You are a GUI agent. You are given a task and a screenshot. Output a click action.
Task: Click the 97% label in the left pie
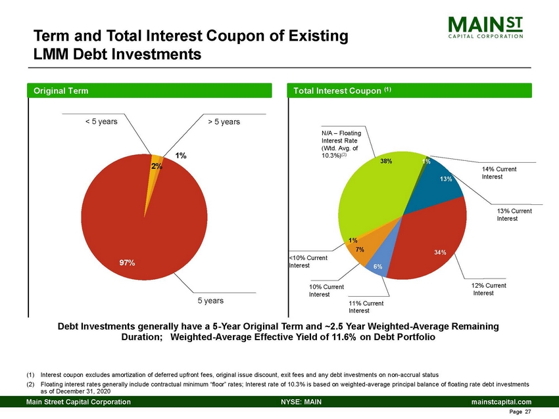pos(128,263)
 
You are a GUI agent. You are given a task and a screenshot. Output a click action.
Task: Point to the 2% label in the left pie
pos(157,166)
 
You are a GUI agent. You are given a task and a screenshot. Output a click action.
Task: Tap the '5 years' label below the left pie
pos(211,300)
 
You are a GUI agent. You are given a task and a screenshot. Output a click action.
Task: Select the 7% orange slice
pos(362,251)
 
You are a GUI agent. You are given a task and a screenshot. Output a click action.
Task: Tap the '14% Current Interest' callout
pos(498,173)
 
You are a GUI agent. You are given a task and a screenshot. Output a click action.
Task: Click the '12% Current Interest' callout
pos(487,290)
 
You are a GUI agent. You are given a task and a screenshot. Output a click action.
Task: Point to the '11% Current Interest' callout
pos(366,307)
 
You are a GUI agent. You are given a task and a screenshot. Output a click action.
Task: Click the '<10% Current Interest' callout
pos(308,261)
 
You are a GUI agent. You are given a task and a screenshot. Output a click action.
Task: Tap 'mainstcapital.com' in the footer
pos(500,401)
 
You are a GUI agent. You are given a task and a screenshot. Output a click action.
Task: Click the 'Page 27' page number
pos(520,412)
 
